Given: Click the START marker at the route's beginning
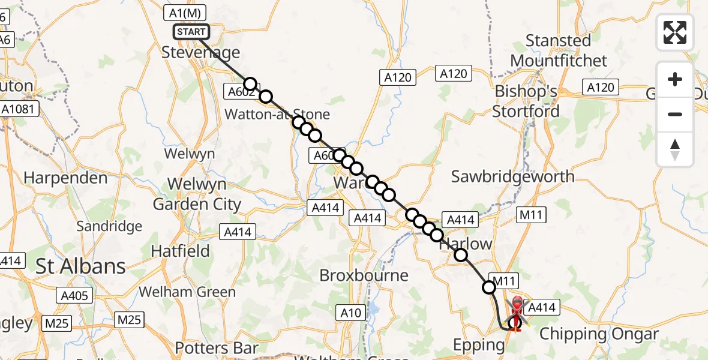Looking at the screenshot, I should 191,32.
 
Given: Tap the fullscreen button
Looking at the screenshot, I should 675,32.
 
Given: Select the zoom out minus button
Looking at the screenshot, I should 675,114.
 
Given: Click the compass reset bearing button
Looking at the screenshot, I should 675,149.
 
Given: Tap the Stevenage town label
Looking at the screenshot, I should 201,52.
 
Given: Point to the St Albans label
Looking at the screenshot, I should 80,266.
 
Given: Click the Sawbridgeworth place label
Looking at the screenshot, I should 513,176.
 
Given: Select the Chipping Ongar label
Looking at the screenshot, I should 599,334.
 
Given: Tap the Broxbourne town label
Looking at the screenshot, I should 364,275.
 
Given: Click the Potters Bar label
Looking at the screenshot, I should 217,348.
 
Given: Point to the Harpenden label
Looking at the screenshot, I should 66,178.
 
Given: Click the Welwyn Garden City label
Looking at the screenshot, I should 197,194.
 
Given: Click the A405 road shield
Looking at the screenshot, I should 74,295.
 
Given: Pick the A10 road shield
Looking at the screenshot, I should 351,313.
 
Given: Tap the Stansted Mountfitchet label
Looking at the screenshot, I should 558,50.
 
